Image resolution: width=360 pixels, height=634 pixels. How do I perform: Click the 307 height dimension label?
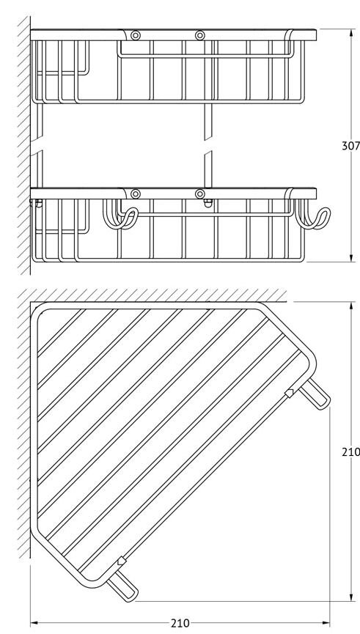[350, 146]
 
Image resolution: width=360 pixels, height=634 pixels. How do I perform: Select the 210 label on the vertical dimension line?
[350, 451]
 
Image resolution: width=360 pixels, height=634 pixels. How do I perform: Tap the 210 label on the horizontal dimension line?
[180, 623]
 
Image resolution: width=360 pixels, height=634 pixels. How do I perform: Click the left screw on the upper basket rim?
[136, 36]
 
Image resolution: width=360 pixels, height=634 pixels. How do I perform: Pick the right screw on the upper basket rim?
[200, 36]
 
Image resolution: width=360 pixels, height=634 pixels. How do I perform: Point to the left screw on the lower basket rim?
[136, 194]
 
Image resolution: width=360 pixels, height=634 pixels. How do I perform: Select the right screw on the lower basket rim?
[200, 194]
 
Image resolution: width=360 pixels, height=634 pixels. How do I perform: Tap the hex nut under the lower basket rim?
[208, 203]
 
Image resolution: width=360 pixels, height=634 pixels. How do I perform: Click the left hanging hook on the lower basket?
[120, 214]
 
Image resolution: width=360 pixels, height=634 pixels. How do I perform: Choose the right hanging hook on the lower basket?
[312, 214]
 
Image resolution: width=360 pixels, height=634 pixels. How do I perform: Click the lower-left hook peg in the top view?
[122, 586]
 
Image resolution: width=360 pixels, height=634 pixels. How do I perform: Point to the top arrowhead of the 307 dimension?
[350, 33]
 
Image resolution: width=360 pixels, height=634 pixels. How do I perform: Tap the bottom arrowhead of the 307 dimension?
[350, 257]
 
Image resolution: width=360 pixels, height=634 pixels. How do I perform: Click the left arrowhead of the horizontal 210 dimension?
[35, 623]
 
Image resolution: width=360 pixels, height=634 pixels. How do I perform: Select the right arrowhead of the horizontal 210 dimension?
[326, 623]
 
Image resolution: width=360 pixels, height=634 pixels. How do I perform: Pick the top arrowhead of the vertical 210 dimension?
[350, 306]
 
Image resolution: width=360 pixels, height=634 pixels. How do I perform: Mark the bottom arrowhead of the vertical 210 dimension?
[350, 597]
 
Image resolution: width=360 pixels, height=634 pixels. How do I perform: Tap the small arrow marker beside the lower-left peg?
[121, 561]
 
